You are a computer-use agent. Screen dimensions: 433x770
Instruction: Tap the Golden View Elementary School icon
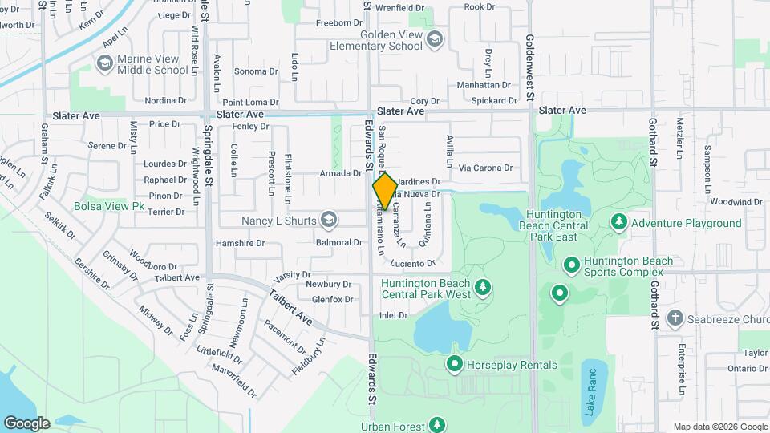point(435,38)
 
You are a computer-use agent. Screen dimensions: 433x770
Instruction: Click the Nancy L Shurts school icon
point(328,219)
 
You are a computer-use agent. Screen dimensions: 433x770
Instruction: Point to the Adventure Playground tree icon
point(618,222)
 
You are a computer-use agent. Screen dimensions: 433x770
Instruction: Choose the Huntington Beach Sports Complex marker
point(572,264)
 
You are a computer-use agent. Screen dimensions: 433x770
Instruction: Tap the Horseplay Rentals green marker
point(455,365)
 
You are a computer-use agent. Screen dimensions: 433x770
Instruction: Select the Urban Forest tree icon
point(437,424)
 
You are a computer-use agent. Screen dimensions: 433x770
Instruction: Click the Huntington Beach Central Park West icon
point(482,287)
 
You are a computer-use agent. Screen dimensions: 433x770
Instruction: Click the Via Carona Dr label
point(485,168)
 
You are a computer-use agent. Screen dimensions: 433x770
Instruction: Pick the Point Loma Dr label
point(250,103)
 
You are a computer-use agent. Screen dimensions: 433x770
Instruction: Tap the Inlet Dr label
point(393,316)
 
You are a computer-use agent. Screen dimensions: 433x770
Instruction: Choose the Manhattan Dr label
point(484,85)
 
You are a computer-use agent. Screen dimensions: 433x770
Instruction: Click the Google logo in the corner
point(26,423)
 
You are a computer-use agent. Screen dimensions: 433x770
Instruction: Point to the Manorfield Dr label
point(235,382)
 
